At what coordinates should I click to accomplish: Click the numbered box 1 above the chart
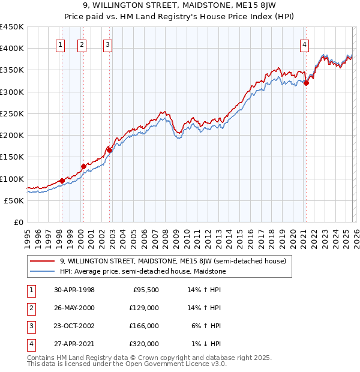click(61, 44)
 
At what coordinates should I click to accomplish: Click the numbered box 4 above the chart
click(305, 44)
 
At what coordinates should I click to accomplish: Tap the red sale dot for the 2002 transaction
click(110, 151)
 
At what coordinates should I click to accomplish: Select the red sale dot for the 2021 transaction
click(306, 83)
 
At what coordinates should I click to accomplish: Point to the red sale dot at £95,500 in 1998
click(62, 181)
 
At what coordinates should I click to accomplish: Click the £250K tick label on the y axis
click(12, 113)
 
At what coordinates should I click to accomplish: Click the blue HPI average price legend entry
click(151, 272)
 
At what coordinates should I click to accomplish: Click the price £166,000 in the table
click(144, 326)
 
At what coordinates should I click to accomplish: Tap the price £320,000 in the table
click(144, 344)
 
